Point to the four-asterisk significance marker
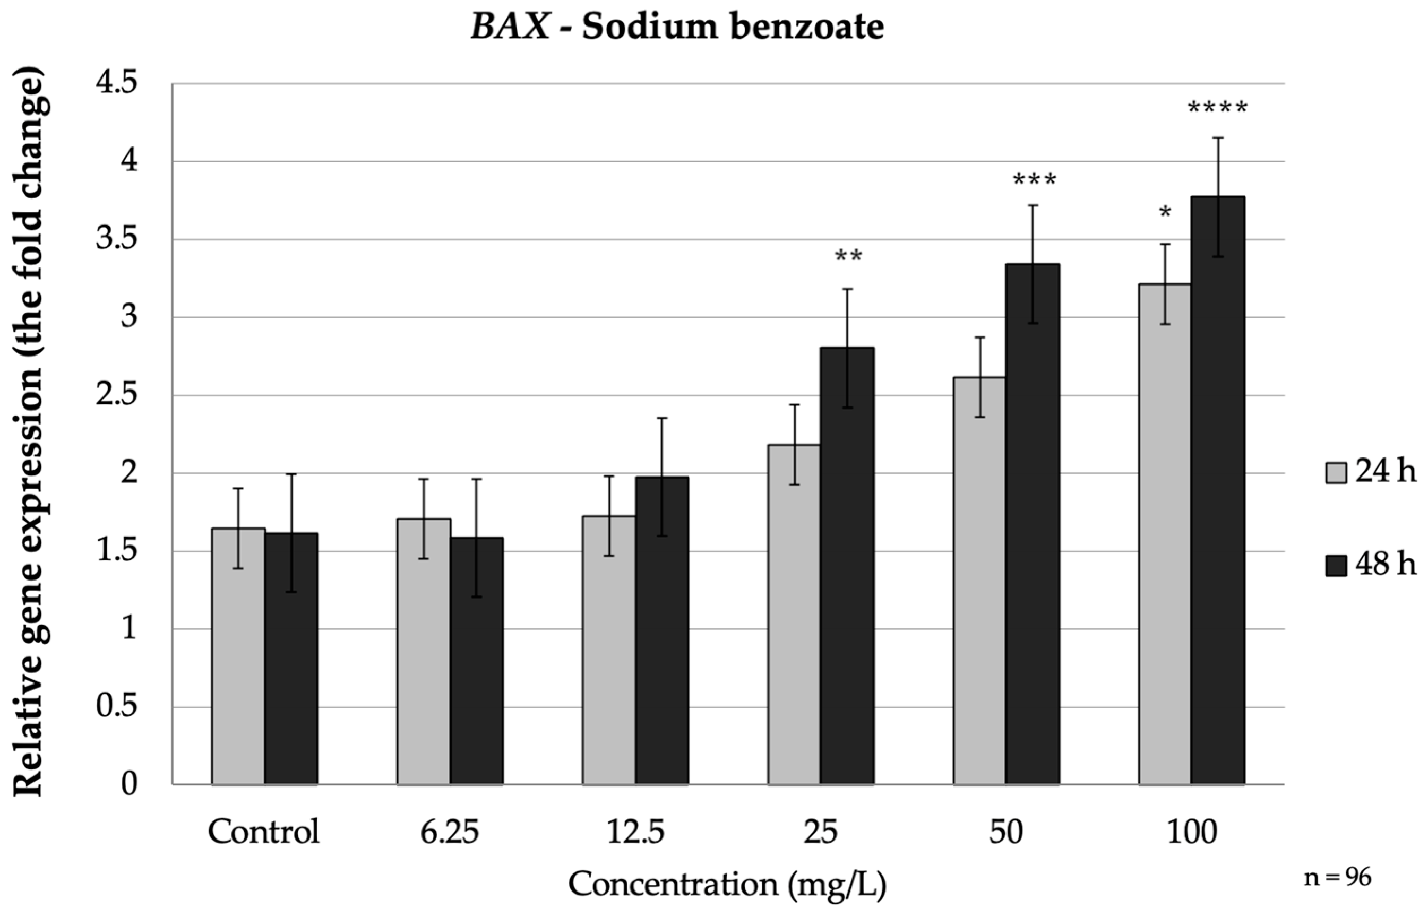(x=1217, y=108)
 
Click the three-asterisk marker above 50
(x=1035, y=180)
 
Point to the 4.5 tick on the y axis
(x=117, y=83)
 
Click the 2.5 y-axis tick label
(x=117, y=395)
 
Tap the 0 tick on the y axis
(x=129, y=785)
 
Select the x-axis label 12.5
(x=635, y=832)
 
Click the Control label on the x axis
(x=263, y=832)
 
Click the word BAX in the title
(x=510, y=28)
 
